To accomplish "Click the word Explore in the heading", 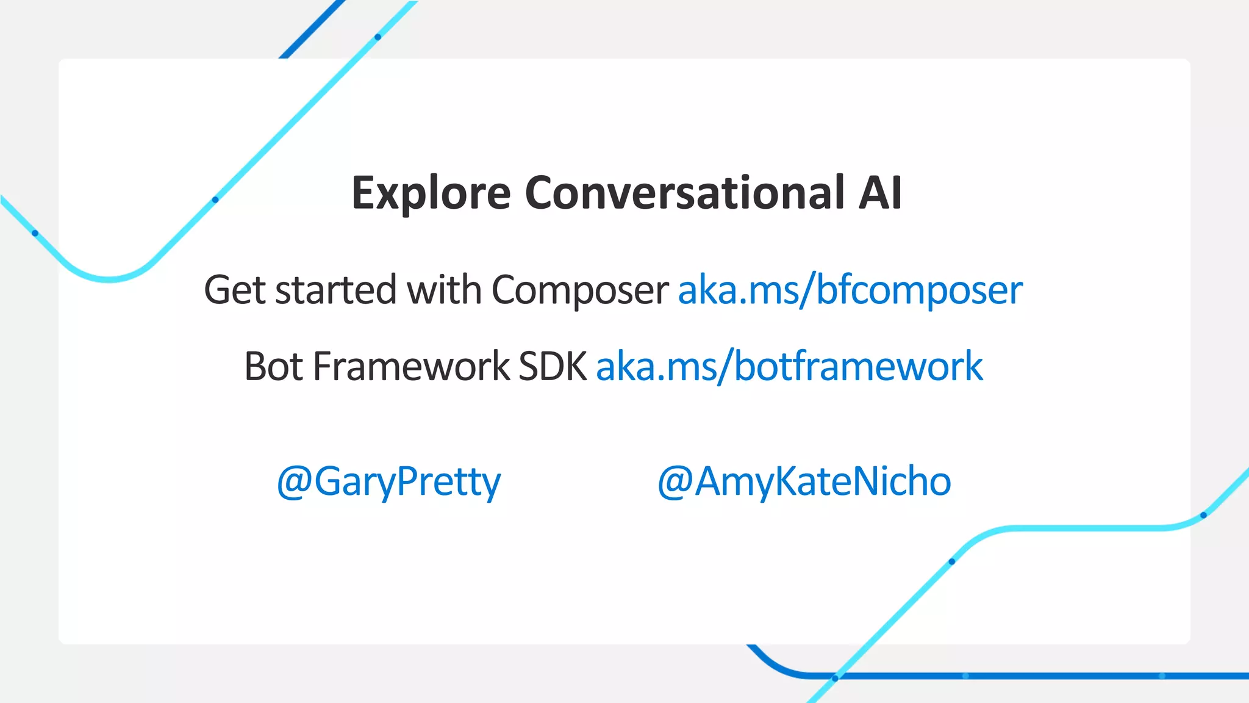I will pyautogui.click(x=431, y=193).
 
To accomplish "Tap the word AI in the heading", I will pyautogui.click(x=879, y=193).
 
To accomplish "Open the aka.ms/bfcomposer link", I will pyautogui.click(x=850, y=290).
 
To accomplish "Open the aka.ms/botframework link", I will pyautogui.click(x=789, y=367).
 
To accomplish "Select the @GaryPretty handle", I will pyautogui.click(x=388, y=481).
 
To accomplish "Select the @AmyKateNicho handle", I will pyautogui.click(x=804, y=481).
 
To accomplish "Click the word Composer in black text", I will pyautogui.click(x=579, y=291).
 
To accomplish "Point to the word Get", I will pyautogui.click(x=234, y=290).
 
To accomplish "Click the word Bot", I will pyautogui.click(x=274, y=367).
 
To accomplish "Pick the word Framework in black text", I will pyautogui.click(x=411, y=367).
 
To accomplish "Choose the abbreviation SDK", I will pyautogui.click(x=553, y=367).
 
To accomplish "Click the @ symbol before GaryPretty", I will pyautogui.click(x=295, y=482).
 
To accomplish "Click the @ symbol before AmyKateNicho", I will pyautogui.click(x=675, y=482).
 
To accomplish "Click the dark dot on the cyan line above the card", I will pyautogui.click(x=378, y=37).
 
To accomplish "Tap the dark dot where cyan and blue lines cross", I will pyautogui.click(x=836, y=677).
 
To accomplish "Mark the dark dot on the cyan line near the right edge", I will pyautogui.click(x=1203, y=515).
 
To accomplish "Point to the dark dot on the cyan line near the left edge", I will pyautogui.click(x=35, y=233).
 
